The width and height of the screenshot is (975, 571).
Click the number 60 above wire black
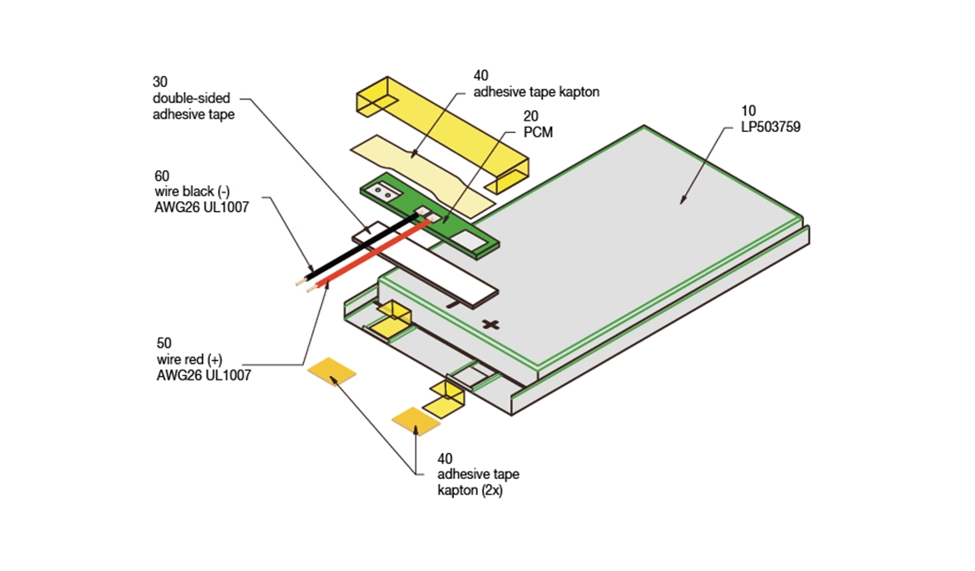click(x=161, y=176)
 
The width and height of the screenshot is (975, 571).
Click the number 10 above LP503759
click(x=749, y=111)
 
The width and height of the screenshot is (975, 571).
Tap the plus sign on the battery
click(x=489, y=324)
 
